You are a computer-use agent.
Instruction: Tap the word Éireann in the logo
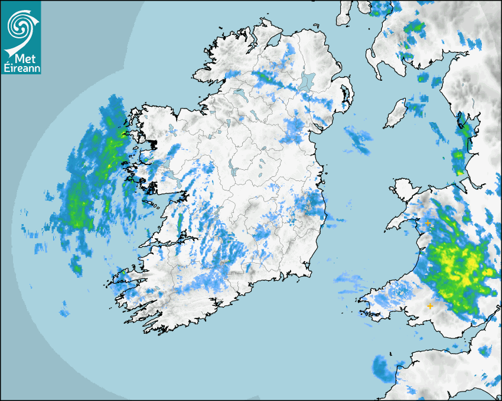coord(22,68)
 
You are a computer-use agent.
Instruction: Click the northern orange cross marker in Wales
coord(428,223)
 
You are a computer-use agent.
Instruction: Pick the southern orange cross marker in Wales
coord(430,305)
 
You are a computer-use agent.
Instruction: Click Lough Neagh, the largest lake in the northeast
coord(308,81)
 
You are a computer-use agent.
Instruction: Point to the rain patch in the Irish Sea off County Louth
coord(358,140)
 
